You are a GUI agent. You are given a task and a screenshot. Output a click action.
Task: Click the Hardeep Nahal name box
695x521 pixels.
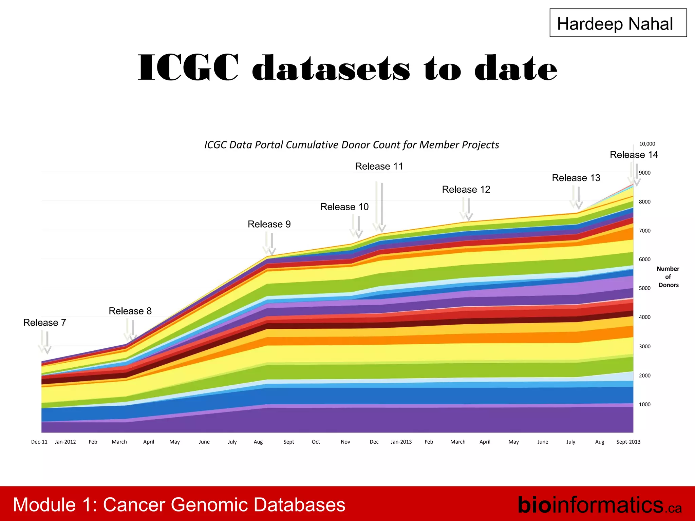pos(618,23)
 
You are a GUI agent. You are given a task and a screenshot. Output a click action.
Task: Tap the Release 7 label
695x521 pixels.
pos(44,323)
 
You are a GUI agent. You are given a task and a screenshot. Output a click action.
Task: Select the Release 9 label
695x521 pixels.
pos(269,224)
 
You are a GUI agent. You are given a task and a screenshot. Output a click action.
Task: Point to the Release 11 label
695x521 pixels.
pos(379,166)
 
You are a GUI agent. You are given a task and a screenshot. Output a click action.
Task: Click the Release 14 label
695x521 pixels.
pos(634,155)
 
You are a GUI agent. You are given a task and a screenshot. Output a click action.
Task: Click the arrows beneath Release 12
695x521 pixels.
pos(466,209)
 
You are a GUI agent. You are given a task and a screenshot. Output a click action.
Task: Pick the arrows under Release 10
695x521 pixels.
pos(356,227)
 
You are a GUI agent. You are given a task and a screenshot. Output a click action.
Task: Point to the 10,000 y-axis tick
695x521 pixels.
pos(647,144)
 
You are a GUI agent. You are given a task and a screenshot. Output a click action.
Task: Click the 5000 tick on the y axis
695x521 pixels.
pos(644,288)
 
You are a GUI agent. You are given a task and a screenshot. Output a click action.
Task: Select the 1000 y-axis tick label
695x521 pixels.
pos(644,404)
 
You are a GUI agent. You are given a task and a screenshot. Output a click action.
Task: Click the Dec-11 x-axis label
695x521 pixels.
pos(39,442)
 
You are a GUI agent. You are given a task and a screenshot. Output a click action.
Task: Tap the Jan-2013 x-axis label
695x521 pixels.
pos(401,442)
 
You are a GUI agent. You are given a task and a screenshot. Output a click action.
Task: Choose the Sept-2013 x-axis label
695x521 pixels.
pos(628,442)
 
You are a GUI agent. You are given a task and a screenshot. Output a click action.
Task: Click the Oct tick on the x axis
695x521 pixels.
pos(316,442)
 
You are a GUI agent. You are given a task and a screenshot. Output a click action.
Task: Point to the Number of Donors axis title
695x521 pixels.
pos(668,277)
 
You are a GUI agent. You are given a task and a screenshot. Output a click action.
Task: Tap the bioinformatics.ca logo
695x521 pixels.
pos(599,505)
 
